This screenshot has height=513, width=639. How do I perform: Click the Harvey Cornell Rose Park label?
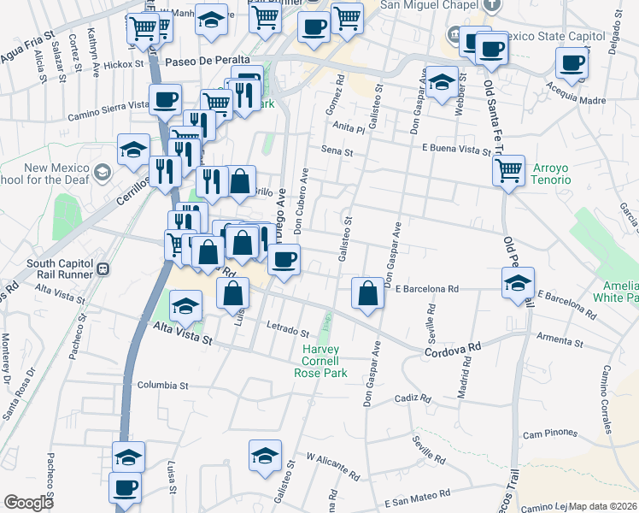coord(320,361)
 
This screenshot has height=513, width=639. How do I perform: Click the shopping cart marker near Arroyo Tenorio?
coord(508,170)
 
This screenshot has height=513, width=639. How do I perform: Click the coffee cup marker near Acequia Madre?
coord(572,62)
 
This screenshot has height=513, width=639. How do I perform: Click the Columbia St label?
coord(162,386)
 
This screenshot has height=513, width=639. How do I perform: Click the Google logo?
coord(29,503)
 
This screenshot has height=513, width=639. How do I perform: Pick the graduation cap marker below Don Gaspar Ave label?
coord(441,84)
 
